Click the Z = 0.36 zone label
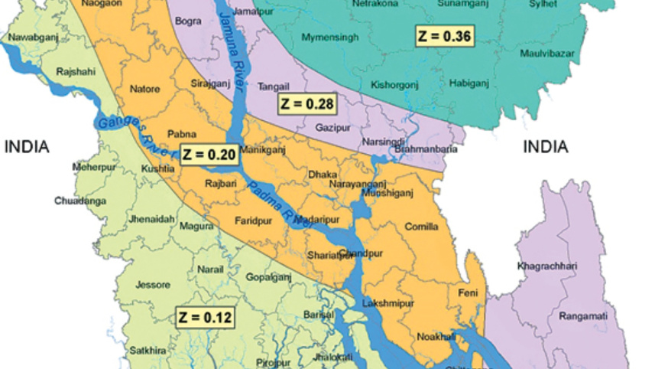point(444,36)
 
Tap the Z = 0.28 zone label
point(306,103)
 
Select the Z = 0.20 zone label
point(208,154)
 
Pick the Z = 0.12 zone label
point(205,317)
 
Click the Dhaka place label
point(322,175)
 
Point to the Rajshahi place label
point(76,73)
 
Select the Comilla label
point(421,227)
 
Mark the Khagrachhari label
point(547,266)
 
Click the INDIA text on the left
point(27,147)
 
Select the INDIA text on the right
point(545,147)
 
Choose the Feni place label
point(467,293)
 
